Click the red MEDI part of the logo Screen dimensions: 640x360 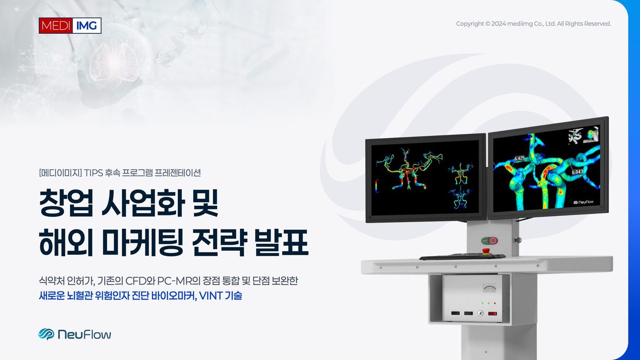pos(55,26)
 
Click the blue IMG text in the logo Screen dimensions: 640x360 pos(86,26)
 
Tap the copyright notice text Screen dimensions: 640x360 pos(533,24)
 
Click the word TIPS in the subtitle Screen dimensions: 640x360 pos(93,173)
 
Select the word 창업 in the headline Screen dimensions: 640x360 pos(66,203)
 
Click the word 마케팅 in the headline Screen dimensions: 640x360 pos(143,242)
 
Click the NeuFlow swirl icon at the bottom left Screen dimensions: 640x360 pos(46,334)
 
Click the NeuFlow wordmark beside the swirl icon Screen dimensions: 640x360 pos(85,334)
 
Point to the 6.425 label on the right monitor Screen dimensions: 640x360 pos(519,158)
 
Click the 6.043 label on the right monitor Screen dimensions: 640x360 pos(577,172)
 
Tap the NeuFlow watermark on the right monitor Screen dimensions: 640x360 pos(583,202)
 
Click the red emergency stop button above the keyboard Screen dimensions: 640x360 pos(485,251)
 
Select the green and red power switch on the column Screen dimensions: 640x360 pos(490,241)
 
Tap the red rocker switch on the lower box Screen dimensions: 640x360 pos(492,314)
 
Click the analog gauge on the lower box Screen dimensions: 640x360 pos(489,288)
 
